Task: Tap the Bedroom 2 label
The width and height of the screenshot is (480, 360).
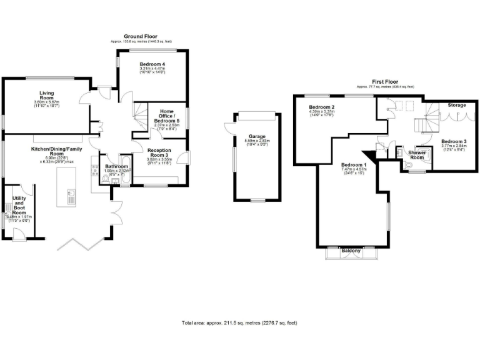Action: coord(321,107)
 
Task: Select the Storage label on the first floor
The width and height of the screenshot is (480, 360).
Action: coord(456,105)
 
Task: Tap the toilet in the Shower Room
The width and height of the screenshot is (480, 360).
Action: coord(407,165)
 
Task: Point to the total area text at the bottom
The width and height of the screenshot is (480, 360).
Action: coord(239,323)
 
